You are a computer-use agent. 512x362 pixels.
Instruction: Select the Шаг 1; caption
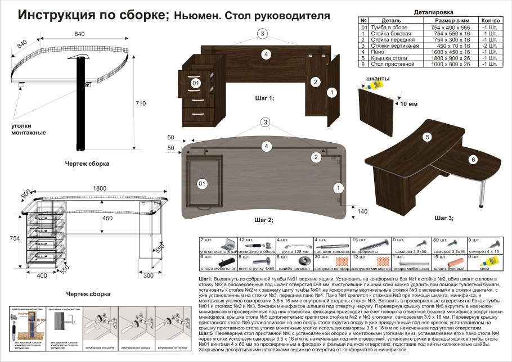(x=264, y=98)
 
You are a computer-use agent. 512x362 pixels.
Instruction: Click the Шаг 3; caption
(x=444, y=217)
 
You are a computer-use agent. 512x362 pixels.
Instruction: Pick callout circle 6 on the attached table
(x=473, y=160)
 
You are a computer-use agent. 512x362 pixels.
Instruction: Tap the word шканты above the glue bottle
(x=378, y=78)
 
